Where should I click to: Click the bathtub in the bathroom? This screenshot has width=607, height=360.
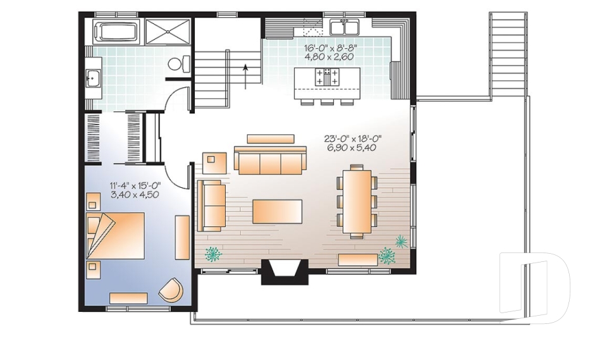click(116, 32)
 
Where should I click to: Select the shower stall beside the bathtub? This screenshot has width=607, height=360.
click(168, 32)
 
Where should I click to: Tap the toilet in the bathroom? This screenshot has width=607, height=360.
click(180, 64)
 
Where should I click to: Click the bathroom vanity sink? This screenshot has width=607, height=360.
click(92, 78)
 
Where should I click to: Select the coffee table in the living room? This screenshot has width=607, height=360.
click(277, 211)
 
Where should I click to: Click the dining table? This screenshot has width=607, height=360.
click(357, 200)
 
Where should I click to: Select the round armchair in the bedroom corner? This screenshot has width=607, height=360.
click(171, 290)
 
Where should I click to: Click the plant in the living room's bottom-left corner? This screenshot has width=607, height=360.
click(213, 254)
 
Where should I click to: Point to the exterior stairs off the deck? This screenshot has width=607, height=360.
click(508, 54)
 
